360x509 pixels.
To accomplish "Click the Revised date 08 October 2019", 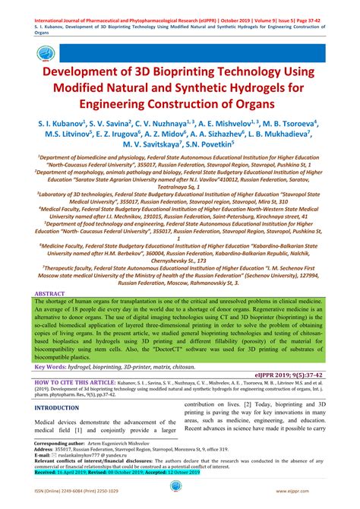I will pos(122,471).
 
